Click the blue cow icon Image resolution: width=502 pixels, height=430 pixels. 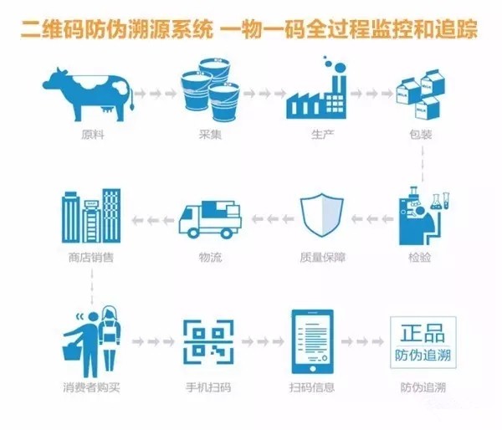click(x=89, y=95)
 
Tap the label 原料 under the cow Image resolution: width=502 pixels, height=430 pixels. click(x=93, y=135)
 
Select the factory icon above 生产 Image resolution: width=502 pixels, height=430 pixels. click(x=317, y=88)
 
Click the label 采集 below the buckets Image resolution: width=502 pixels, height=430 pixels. click(x=210, y=135)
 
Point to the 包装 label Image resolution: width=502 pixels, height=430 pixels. click(x=421, y=135)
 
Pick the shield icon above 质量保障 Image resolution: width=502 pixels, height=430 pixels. click(x=322, y=215)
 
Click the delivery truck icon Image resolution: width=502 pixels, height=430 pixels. click(x=210, y=220)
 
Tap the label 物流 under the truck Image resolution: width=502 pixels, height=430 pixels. click(x=210, y=257)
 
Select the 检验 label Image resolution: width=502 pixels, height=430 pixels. click(x=420, y=257)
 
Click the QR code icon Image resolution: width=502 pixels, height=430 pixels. click(x=208, y=342)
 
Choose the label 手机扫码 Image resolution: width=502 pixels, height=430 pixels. click(x=208, y=387)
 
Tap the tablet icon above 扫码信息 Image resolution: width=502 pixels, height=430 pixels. click(x=312, y=341)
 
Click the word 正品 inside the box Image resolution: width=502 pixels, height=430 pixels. click(x=423, y=333)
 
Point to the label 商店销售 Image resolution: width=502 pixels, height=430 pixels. click(x=91, y=257)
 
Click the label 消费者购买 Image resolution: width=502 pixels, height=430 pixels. click(x=91, y=387)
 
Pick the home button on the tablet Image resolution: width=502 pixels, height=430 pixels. click(x=313, y=369)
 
